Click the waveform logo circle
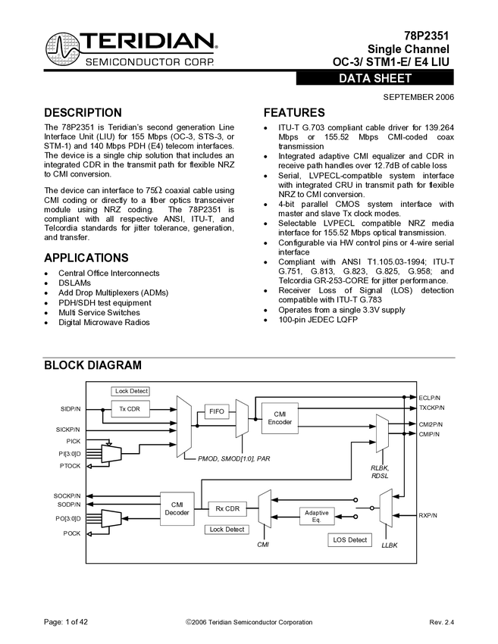click(63, 49)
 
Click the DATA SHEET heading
click(375, 79)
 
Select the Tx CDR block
click(130, 409)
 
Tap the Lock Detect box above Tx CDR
click(131, 391)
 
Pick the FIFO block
click(218, 412)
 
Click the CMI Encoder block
click(280, 417)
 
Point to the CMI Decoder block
click(177, 508)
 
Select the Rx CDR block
click(227, 508)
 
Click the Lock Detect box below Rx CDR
click(227, 529)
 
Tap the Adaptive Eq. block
click(317, 516)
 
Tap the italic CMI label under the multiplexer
click(262, 543)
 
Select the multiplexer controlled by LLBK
click(386, 508)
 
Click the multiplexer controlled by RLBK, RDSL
click(381, 433)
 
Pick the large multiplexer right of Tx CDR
click(183, 426)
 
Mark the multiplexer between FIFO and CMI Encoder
click(241, 419)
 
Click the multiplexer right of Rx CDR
click(265, 508)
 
